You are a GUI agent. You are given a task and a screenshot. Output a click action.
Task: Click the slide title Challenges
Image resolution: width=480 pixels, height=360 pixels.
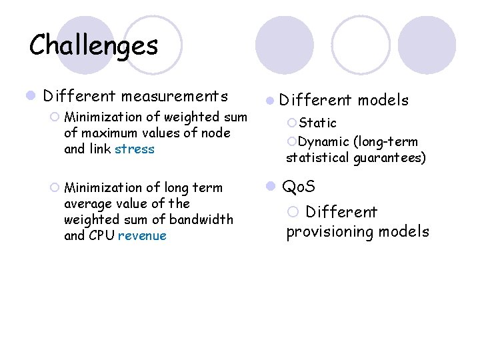(94, 45)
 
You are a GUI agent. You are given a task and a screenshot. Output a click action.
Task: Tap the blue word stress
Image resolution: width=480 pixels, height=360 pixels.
(134, 149)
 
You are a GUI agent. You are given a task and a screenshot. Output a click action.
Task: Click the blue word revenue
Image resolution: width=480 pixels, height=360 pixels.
(142, 236)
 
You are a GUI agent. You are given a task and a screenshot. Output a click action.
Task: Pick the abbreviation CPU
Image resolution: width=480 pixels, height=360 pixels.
(101, 236)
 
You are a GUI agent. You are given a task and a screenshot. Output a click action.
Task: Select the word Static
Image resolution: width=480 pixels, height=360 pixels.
(318, 123)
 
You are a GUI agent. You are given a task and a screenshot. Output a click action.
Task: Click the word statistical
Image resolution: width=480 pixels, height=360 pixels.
(317, 158)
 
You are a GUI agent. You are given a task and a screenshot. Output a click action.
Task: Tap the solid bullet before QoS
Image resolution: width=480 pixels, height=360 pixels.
(271, 187)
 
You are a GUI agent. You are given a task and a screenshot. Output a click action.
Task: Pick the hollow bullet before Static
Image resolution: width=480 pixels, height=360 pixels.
(291, 123)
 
